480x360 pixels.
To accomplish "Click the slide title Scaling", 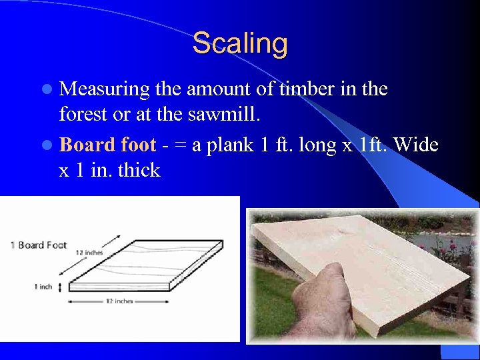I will click(x=240, y=44).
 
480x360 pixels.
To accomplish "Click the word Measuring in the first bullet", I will click(x=105, y=89).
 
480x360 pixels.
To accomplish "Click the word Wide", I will click(x=416, y=144).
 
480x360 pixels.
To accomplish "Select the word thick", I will click(x=139, y=171).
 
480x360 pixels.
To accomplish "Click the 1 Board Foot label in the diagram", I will click(x=39, y=245).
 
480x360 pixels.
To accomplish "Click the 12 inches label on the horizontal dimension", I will click(x=120, y=301).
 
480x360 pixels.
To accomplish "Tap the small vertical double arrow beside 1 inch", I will click(x=61, y=287).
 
